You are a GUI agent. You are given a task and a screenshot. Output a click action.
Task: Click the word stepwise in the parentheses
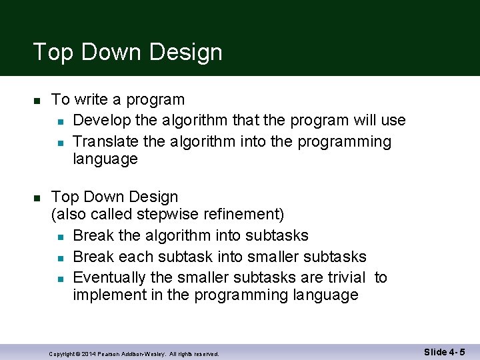pyautogui.click(x=167, y=215)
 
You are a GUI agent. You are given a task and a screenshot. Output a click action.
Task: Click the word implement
pyautogui.click(x=107, y=295)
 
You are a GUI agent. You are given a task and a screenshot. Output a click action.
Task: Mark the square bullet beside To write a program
pyautogui.click(x=37, y=101)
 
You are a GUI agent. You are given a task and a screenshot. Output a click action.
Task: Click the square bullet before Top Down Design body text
pyautogui.click(x=37, y=198)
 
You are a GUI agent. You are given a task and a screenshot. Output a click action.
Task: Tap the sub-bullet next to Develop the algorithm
pyautogui.click(x=60, y=121)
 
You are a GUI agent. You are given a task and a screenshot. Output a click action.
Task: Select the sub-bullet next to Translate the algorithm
pyautogui.click(x=60, y=143)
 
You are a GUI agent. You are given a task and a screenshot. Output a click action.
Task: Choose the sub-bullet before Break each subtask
pyautogui.click(x=60, y=257)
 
